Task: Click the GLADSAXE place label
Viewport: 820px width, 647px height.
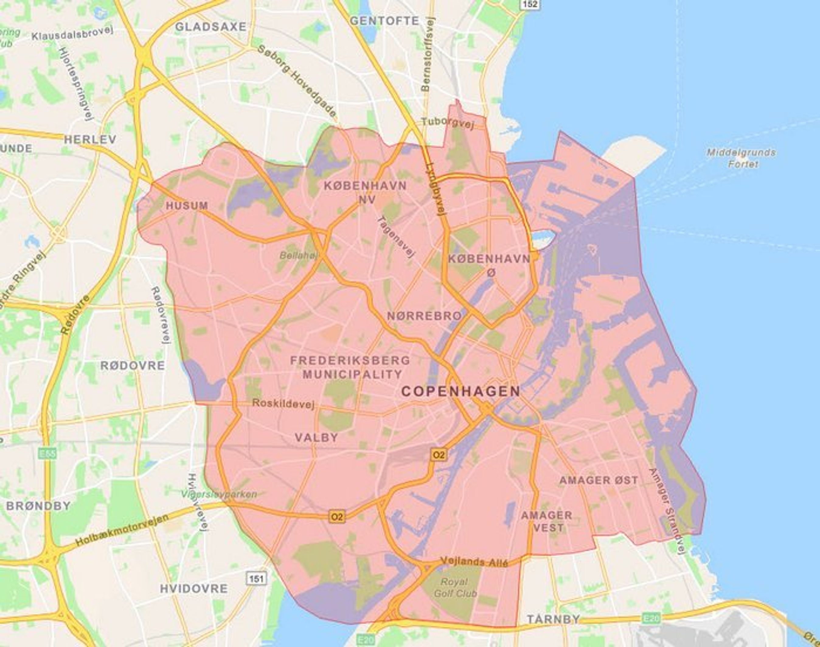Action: pyautogui.click(x=210, y=27)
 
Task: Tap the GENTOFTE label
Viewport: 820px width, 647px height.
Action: pyautogui.click(x=384, y=21)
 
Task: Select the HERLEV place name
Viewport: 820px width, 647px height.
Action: pyautogui.click(x=90, y=139)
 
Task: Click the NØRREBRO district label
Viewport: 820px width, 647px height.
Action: pyautogui.click(x=424, y=316)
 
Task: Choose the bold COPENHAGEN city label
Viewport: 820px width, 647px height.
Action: pyautogui.click(x=461, y=391)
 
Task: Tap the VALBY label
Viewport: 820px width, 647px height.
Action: pyautogui.click(x=317, y=438)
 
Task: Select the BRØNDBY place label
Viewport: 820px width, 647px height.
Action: pyautogui.click(x=39, y=506)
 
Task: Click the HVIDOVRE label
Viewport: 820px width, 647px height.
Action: pyautogui.click(x=194, y=588)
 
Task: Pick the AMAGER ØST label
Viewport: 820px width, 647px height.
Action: pyautogui.click(x=599, y=480)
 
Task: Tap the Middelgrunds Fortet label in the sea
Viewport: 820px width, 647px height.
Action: pyautogui.click(x=741, y=158)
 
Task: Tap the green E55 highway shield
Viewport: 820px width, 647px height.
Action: pyautogui.click(x=47, y=453)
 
